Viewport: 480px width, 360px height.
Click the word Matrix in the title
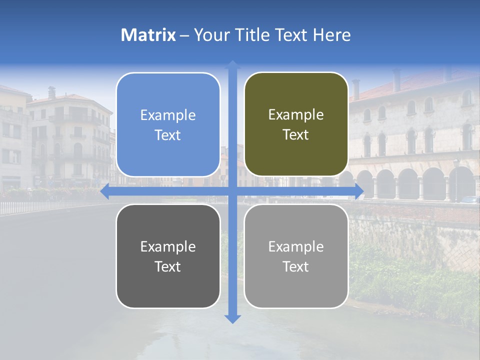(148, 35)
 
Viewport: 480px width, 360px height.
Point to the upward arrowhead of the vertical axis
(232, 64)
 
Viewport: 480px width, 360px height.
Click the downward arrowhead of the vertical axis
(232, 318)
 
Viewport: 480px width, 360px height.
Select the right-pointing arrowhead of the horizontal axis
(359, 191)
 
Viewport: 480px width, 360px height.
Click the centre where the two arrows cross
(232, 191)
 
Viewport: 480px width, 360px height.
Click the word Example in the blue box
(168, 115)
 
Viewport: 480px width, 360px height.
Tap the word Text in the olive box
(296, 135)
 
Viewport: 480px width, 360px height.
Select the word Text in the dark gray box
(168, 266)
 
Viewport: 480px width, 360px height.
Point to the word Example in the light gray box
(296, 246)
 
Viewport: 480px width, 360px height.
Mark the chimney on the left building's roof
(51, 92)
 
